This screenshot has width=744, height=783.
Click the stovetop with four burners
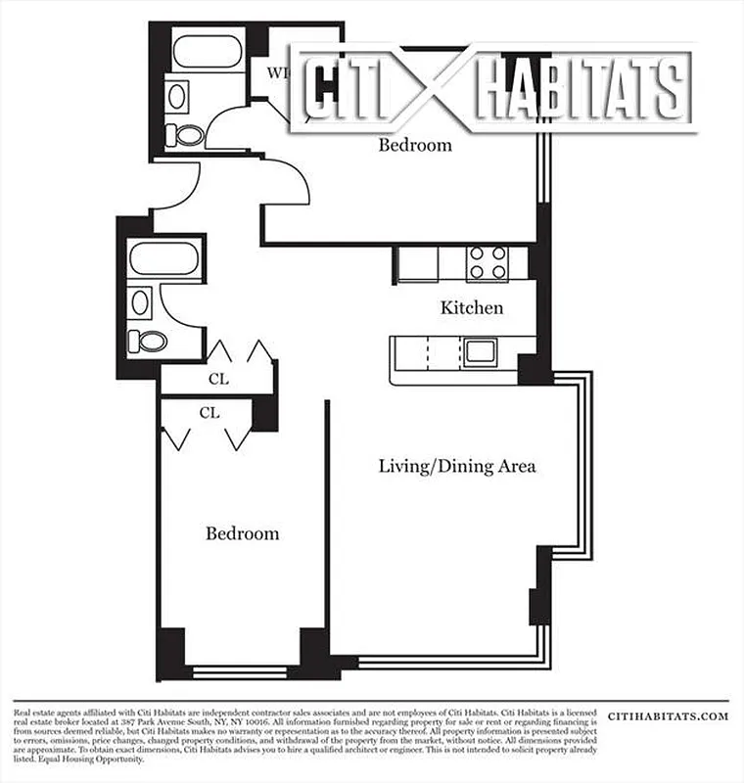pos(487,262)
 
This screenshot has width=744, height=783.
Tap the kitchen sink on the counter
pos(481,349)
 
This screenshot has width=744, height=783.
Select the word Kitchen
pos(472,308)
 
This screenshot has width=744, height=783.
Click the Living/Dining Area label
pos(457,466)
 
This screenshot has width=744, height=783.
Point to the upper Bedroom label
pos(415,146)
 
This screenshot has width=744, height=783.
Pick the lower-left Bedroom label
pos(242,533)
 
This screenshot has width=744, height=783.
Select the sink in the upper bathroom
pos(178,95)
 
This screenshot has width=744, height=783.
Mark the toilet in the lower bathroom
pos(152,342)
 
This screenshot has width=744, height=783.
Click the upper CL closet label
pos(218,378)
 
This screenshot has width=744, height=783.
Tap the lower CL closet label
pos(209,413)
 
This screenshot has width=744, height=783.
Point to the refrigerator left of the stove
pos(416,264)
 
